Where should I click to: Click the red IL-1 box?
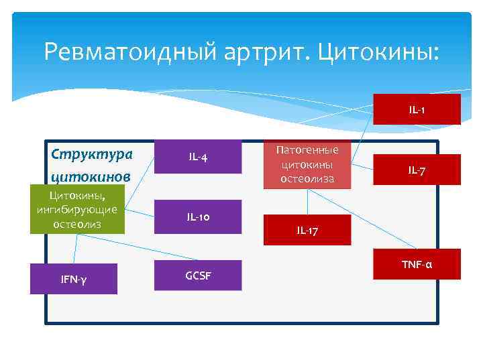417,109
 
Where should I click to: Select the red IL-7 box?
417,170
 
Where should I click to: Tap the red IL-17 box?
307,230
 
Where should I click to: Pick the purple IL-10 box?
197,217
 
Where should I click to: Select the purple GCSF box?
197,274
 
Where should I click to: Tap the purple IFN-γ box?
73,279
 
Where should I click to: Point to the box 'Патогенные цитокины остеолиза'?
308,165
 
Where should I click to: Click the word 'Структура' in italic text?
92,153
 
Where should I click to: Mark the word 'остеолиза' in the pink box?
308,179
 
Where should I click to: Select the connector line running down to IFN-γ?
76,249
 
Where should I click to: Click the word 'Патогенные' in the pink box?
308,150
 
